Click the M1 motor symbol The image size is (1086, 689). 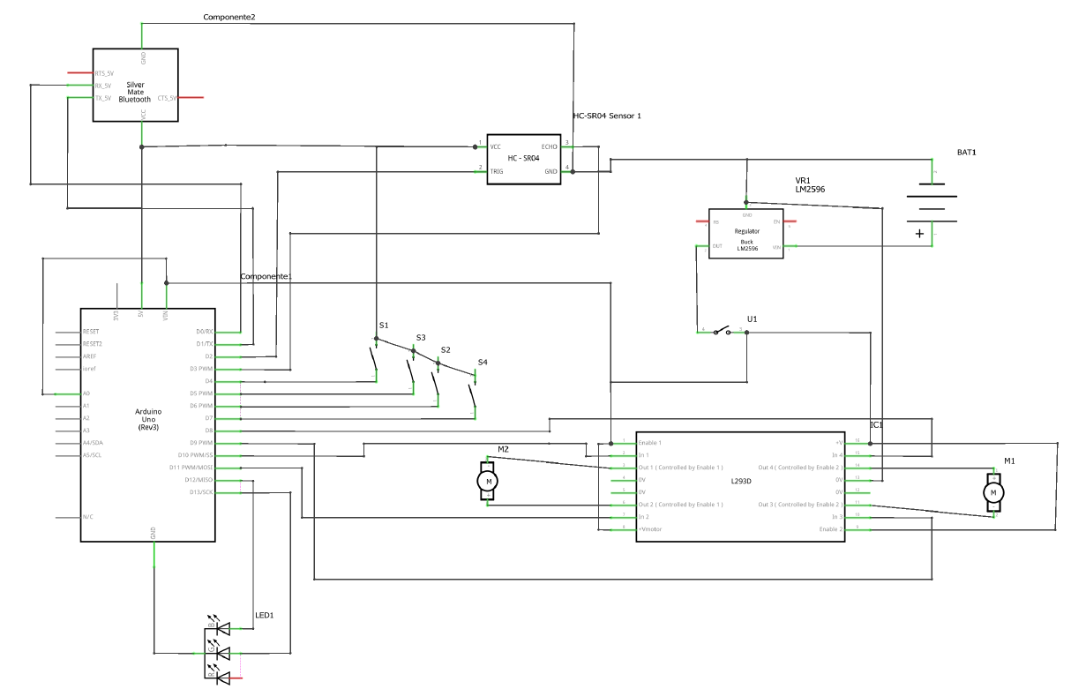[993, 491]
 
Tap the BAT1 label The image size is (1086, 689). [967, 153]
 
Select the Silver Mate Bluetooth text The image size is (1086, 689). [135, 93]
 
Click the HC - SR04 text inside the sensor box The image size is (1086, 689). [524, 158]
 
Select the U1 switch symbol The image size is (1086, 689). [723, 332]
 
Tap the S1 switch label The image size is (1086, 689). [383, 326]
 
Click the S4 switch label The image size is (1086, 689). [482, 363]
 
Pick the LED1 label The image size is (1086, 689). [265, 615]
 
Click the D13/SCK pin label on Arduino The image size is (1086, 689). [200, 492]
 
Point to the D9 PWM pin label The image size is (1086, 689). [200, 443]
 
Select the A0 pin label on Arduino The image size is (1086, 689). [86, 393]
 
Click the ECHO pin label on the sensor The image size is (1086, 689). [549, 146]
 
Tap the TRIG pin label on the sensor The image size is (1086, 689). [497, 171]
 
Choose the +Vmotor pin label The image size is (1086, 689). [650, 528]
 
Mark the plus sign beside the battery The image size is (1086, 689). [919, 234]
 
